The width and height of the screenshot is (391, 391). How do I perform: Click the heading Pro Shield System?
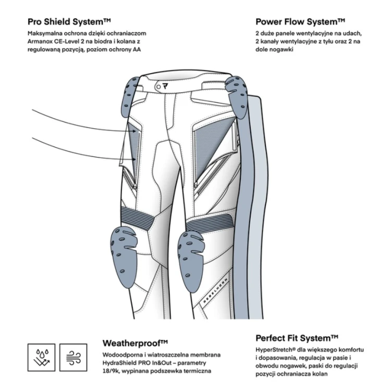[x=69, y=22]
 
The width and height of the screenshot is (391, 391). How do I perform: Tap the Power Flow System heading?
[x=300, y=22]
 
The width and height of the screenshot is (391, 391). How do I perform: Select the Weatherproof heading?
[x=135, y=343]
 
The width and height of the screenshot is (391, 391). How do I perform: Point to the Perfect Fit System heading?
[x=297, y=338]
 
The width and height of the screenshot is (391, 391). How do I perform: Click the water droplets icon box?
[x=41, y=357]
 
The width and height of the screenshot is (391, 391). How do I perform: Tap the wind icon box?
[x=74, y=357]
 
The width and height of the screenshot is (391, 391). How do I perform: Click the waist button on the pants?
[x=158, y=87]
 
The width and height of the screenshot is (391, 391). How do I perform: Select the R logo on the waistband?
[x=165, y=86]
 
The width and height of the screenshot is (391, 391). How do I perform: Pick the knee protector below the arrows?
[x=124, y=257]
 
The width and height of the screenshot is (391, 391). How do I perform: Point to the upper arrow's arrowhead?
[x=135, y=131]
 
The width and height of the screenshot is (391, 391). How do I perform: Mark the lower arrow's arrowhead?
[x=135, y=160]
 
